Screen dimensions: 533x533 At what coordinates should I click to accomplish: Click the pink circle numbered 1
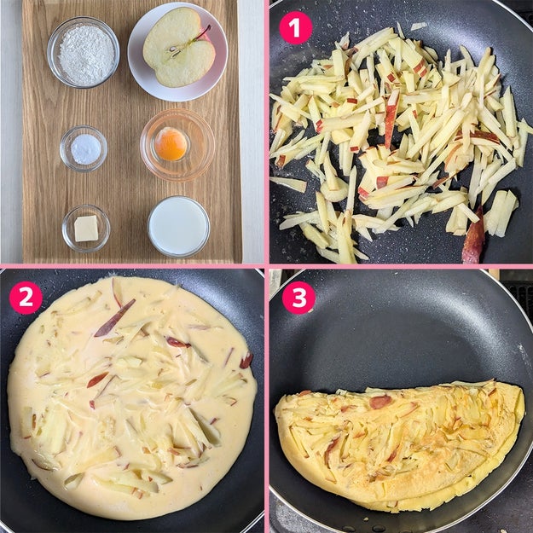coord(296,28)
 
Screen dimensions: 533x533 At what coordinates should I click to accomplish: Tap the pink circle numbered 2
coord(26,298)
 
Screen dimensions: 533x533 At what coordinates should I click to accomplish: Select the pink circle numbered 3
coord(298,298)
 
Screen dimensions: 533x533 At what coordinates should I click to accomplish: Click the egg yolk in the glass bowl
coord(171,144)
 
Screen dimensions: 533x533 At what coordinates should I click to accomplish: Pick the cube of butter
coord(86,229)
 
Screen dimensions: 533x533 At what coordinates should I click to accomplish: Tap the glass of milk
coord(179,226)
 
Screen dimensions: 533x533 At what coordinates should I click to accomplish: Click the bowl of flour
coord(84,52)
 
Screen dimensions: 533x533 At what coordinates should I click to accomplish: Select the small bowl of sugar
coord(84,148)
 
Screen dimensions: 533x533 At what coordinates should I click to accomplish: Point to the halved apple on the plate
coord(178,48)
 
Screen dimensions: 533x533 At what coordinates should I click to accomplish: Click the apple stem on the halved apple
coord(204,32)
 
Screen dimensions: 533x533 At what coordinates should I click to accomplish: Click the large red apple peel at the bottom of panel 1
coord(473,236)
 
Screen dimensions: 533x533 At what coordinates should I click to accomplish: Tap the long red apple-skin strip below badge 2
coord(114,318)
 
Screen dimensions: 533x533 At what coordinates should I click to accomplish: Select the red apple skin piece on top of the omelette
coord(380,402)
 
